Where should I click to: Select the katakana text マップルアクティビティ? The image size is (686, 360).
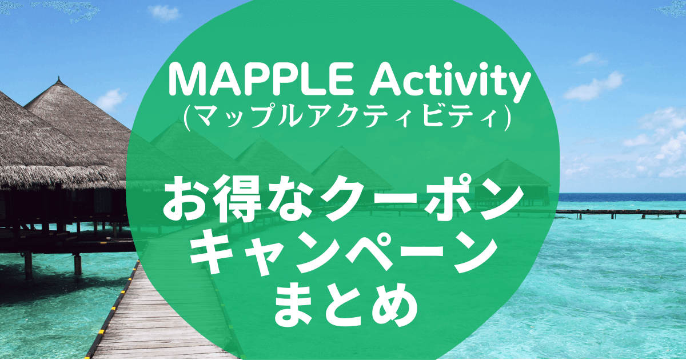tap(347, 119)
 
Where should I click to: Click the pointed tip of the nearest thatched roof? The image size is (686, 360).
tap(58, 78)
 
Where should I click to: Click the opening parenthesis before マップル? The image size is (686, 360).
tap(187, 119)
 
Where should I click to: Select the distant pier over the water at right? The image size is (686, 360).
tap(620, 214)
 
